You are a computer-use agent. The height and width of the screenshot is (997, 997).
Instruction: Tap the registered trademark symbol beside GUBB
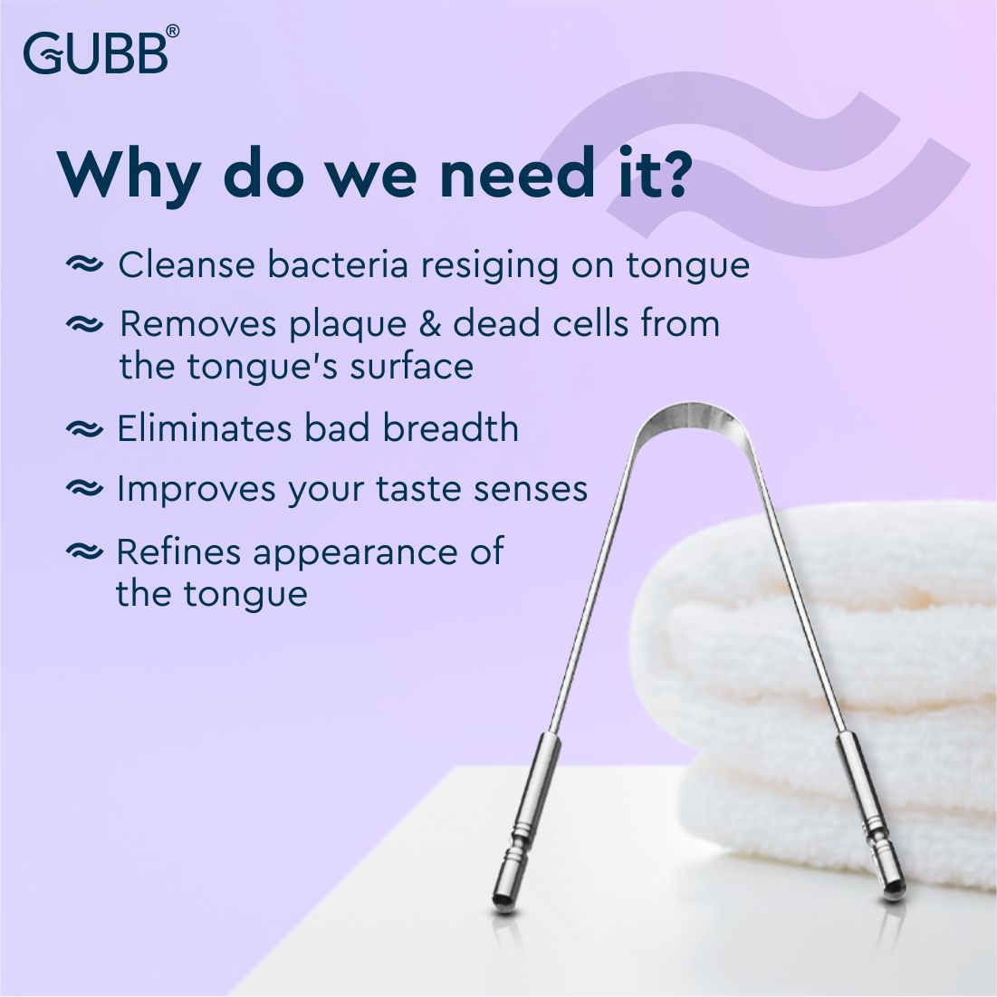pyautogui.click(x=172, y=32)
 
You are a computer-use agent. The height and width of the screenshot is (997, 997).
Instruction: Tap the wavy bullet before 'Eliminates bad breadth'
pyautogui.click(x=85, y=428)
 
